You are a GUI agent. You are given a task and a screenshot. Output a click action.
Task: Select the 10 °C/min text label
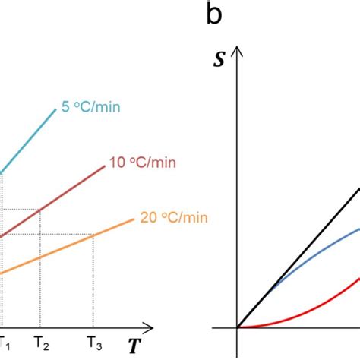(137, 162)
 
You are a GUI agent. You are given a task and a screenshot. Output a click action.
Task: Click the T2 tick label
(42, 344)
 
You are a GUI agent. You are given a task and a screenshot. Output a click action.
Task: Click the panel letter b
(216, 14)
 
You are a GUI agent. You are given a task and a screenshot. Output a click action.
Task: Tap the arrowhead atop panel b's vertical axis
(238, 51)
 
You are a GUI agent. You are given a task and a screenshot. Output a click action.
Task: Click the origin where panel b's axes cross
(238, 328)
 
